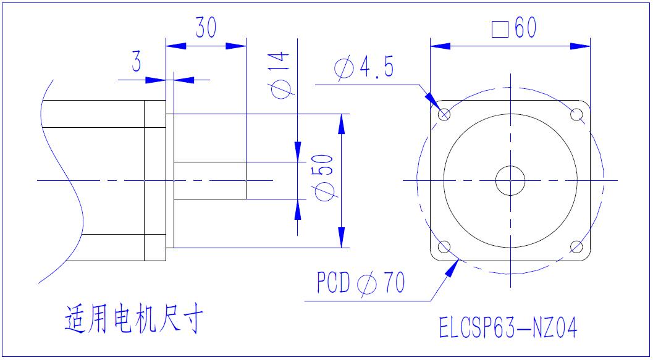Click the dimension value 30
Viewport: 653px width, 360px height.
(206, 28)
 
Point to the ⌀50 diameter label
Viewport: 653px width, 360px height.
(325, 177)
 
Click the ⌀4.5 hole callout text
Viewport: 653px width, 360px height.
(364, 69)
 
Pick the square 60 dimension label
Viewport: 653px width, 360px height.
(514, 28)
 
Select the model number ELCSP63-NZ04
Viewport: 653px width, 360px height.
(508, 328)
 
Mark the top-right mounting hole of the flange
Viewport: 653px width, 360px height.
(577, 114)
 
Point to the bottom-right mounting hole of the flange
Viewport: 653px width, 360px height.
(577, 248)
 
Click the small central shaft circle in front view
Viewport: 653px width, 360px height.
(510, 181)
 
